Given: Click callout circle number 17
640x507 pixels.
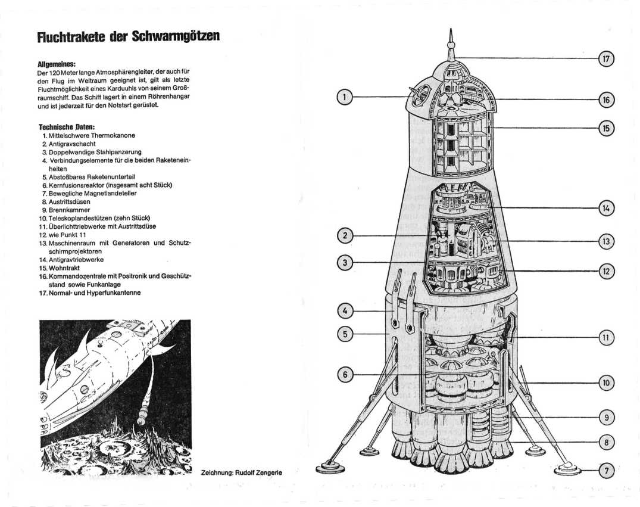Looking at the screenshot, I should click(606, 58).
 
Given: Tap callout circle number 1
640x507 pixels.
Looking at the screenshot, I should click(344, 97).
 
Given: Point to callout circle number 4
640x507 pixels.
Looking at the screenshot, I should click(344, 310).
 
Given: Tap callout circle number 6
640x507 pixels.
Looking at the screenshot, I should click(344, 375).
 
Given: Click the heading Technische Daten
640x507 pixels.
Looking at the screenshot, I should click(66, 127).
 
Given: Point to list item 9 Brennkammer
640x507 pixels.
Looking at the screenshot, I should click(69, 210).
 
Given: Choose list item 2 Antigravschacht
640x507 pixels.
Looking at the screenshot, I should click(71, 144).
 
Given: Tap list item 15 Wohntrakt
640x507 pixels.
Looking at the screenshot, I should click(65, 268).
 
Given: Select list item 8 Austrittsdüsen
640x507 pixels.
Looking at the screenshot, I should click(69, 201).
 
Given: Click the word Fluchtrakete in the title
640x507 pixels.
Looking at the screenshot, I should click(71, 36).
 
